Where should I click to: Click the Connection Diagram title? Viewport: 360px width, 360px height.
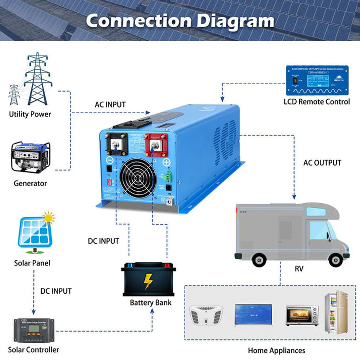(x=179, y=21)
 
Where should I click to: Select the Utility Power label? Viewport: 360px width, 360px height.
(x=30, y=114)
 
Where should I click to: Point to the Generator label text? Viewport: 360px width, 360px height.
(x=30, y=183)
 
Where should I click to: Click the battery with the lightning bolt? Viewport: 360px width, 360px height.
(x=149, y=280)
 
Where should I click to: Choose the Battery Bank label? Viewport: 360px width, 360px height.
(x=151, y=302)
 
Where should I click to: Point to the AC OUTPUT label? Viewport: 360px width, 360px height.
(x=322, y=163)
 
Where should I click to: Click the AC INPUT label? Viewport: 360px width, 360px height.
(x=110, y=104)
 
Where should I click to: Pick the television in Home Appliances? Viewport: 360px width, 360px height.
(x=253, y=313)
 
